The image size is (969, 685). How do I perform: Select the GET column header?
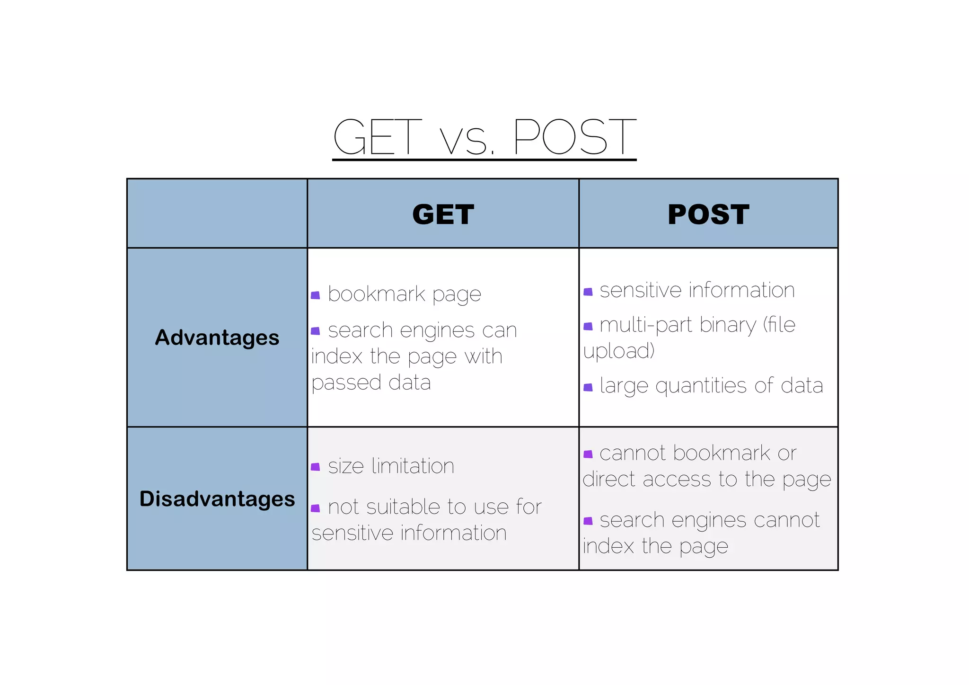(443, 214)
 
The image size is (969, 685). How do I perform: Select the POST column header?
(708, 214)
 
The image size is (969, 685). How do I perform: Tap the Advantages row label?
(217, 338)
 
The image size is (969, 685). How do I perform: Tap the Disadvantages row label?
(217, 499)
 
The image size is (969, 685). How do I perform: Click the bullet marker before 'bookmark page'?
(316, 296)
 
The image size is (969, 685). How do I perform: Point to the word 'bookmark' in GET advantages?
(376, 294)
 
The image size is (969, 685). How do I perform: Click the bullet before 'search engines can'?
(316, 331)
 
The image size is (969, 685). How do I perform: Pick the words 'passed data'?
(371, 383)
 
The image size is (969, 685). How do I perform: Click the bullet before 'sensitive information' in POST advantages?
(588, 292)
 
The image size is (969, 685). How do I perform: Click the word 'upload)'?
(619, 351)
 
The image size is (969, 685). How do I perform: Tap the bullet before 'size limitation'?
(316, 468)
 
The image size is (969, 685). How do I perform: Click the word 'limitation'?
(413, 466)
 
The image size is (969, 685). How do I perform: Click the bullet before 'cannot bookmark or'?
(588, 454)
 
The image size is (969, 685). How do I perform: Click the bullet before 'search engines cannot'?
(588, 521)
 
